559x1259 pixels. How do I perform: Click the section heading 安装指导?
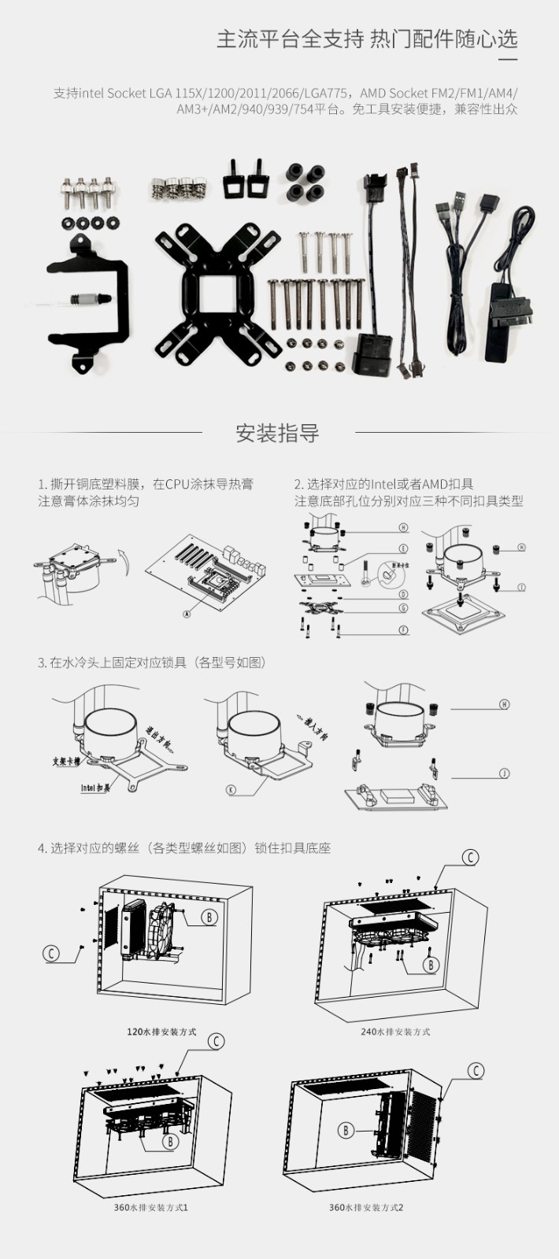point(277,434)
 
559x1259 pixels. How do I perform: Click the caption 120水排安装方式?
point(161,1032)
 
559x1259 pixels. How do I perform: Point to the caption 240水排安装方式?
point(395,1032)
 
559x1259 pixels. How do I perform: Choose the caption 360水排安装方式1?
point(150,1207)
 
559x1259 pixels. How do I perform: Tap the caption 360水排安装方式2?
point(366,1207)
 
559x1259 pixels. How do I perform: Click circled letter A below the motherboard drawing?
point(187,614)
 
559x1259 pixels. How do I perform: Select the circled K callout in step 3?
point(231,789)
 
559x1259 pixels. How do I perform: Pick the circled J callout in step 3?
point(505,773)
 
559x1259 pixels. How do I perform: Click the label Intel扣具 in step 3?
point(95,787)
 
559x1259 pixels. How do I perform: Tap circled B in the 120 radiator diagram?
point(209,917)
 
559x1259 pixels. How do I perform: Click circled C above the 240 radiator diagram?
point(470,857)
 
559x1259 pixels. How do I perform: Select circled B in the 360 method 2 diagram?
point(346,1131)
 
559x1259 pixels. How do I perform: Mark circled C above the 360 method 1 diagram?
point(216,1042)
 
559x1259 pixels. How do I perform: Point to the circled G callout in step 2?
point(404,607)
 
